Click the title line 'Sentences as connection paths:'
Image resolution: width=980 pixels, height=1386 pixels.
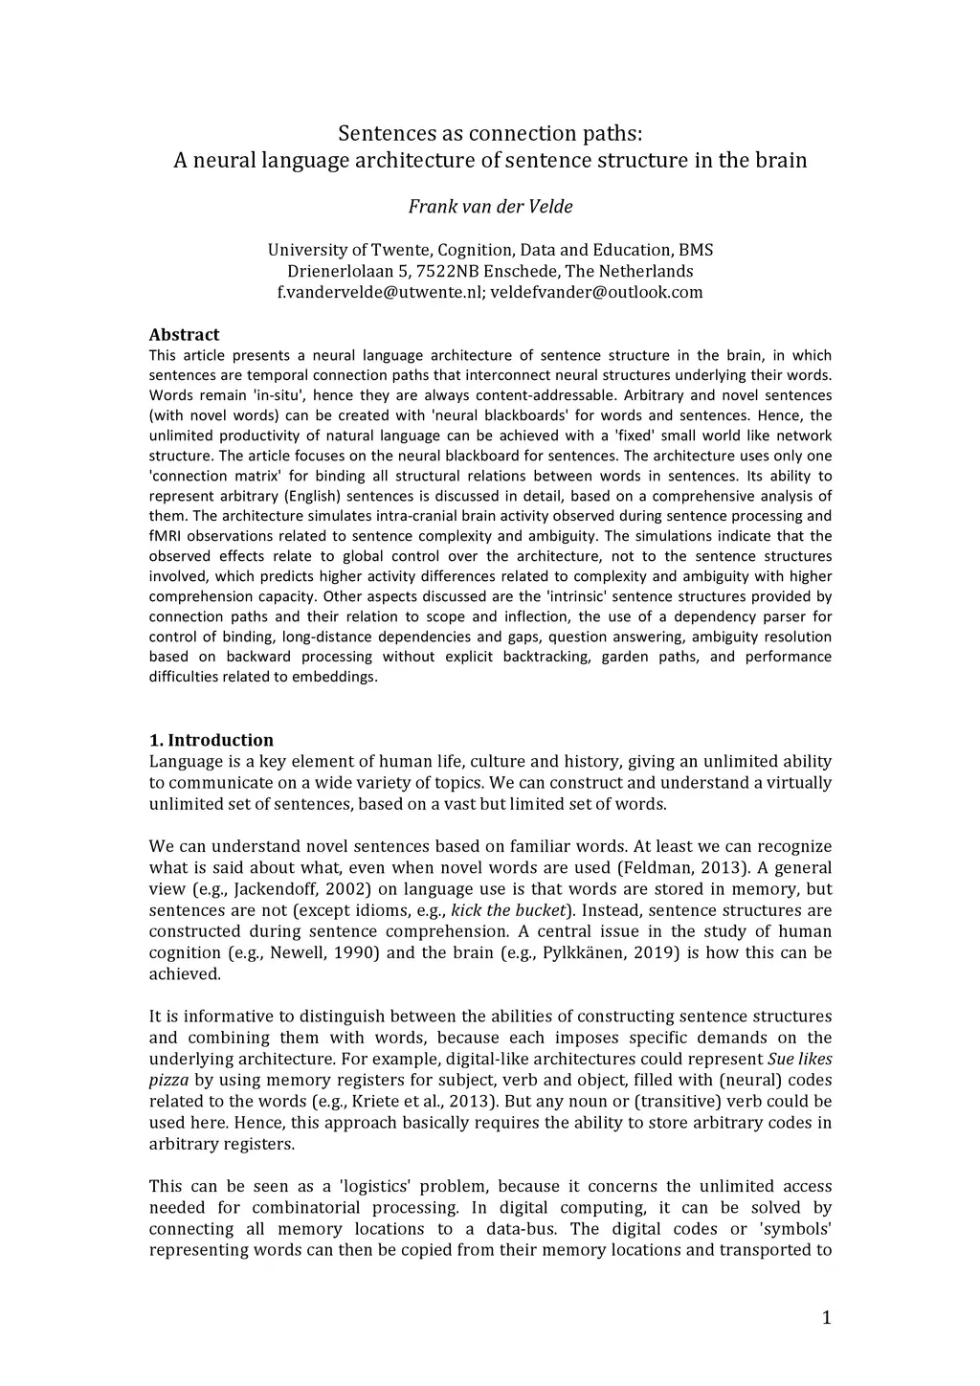pyautogui.click(x=490, y=133)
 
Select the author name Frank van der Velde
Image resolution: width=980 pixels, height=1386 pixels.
pyautogui.click(x=490, y=207)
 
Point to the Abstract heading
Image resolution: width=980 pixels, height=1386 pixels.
pyautogui.click(x=184, y=335)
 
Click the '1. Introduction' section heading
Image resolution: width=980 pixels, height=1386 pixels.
pyautogui.click(x=212, y=740)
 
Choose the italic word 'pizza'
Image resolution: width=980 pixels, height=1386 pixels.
pyautogui.click(x=169, y=1081)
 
